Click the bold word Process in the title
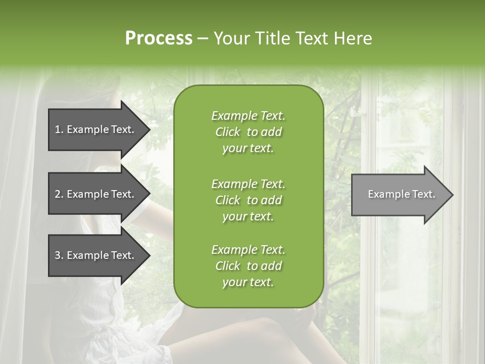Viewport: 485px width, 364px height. coord(159,38)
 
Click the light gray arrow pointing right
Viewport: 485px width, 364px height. coord(399,194)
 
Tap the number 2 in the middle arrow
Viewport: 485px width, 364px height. coord(58,194)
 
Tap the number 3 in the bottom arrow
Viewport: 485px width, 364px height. coord(58,255)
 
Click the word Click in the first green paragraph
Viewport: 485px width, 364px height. coord(227,132)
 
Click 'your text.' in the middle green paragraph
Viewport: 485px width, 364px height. coord(248,216)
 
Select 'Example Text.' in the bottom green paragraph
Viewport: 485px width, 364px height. coord(248,250)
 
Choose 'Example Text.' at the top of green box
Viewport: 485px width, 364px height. coord(248,116)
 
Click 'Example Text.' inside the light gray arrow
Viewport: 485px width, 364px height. coord(402,194)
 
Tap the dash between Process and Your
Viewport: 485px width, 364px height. coord(203,38)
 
